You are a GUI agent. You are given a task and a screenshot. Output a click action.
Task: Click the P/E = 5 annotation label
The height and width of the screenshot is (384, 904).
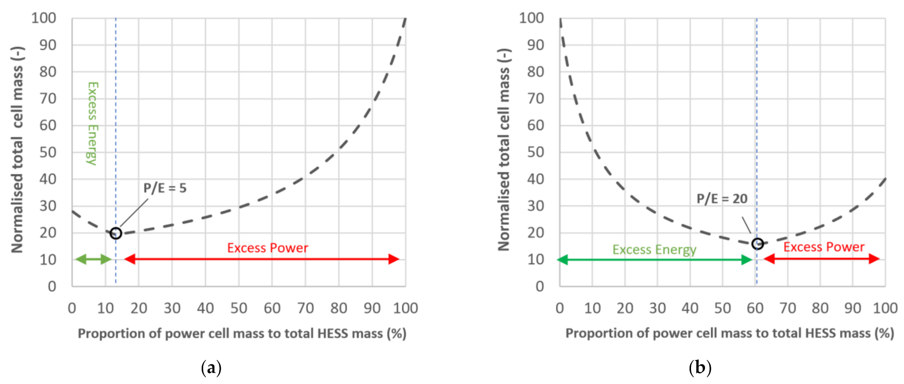point(165,188)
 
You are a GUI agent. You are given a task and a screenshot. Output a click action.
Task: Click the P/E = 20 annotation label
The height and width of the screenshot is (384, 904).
point(722,199)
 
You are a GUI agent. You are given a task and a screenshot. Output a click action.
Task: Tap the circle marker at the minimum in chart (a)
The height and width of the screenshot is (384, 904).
point(116,233)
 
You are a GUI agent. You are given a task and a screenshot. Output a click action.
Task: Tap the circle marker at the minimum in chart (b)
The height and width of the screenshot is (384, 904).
point(757,244)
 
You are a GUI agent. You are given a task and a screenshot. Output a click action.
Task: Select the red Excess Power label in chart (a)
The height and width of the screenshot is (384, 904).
point(267,248)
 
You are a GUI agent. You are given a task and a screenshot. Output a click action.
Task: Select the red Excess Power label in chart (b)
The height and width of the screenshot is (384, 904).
point(824,247)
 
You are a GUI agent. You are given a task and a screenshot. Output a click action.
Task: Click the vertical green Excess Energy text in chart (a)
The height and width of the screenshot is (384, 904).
point(92,123)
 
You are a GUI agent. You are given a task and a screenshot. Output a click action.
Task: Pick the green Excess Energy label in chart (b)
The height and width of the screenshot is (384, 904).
point(654,249)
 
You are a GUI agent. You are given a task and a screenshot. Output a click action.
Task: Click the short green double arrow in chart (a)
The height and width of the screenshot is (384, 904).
point(93,259)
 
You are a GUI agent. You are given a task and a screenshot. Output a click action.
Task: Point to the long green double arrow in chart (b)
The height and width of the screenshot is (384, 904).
point(655,260)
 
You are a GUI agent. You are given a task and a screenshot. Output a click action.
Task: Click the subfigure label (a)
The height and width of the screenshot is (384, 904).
point(211,368)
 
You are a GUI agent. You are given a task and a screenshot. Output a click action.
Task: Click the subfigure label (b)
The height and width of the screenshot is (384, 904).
point(700,368)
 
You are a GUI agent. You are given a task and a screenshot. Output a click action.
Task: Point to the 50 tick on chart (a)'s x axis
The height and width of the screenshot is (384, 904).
point(239,308)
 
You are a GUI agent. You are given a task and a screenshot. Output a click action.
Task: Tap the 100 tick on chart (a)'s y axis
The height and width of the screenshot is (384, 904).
point(43,18)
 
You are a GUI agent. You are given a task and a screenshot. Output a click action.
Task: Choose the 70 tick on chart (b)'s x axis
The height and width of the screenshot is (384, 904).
point(787,308)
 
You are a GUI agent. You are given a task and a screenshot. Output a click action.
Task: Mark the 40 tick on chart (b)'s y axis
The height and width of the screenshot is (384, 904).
point(535,179)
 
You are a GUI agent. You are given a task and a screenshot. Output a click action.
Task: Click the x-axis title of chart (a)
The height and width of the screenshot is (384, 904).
point(242,334)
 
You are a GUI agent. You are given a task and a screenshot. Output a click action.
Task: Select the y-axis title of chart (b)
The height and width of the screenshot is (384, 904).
point(504,150)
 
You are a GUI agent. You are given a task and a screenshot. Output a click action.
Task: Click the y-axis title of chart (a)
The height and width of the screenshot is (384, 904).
point(17,150)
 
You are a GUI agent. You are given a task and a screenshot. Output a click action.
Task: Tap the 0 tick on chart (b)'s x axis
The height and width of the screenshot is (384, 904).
point(560,308)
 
